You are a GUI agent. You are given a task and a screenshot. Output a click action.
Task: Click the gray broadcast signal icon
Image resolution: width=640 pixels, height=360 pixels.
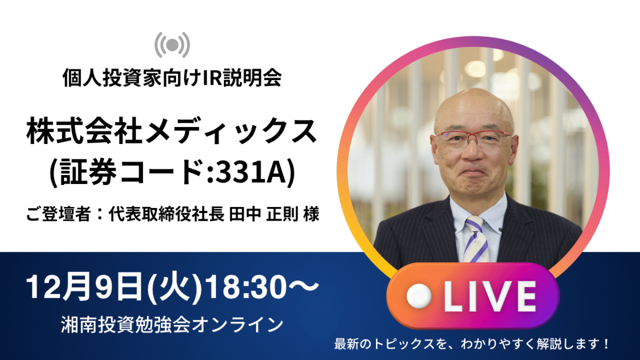pyautogui.click(x=172, y=45)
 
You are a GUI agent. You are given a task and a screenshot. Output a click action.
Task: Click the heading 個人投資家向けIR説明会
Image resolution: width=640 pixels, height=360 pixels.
pyautogui.click(x=172, y=78)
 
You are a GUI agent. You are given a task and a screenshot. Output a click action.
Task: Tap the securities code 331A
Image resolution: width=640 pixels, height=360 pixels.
pyautogui.click(x=251, y=173)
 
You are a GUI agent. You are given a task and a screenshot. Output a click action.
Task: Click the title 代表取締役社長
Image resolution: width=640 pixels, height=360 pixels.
pyautogui.click(x=166, y=214)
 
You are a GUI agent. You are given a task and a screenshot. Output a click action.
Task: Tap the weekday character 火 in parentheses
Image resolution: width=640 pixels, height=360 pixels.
pyautogui.click(x=174, y=287)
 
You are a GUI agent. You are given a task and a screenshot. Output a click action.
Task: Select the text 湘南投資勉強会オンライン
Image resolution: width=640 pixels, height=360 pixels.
pyautogui.click(x=172, y=325)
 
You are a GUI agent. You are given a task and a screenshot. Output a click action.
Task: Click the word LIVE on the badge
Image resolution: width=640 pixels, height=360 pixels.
pyautogui.click(x=490, y=297)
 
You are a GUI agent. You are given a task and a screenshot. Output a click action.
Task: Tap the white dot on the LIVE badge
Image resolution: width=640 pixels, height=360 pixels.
pyautogui.click(x=419, y=297)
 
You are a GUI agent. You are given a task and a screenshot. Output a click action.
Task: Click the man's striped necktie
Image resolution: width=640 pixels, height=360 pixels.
pyautogui.click(x=476, y=239)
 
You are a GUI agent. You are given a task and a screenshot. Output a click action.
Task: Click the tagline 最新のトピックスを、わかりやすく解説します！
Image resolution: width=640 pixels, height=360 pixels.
pyautogui.click(x=471, y=344)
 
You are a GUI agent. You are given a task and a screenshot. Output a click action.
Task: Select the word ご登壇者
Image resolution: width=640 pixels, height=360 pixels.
pyautogui.click(x=59, y=214)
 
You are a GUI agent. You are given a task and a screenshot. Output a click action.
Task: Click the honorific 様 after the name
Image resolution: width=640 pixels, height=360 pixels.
pyautogui.click(x=311, y=214)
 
